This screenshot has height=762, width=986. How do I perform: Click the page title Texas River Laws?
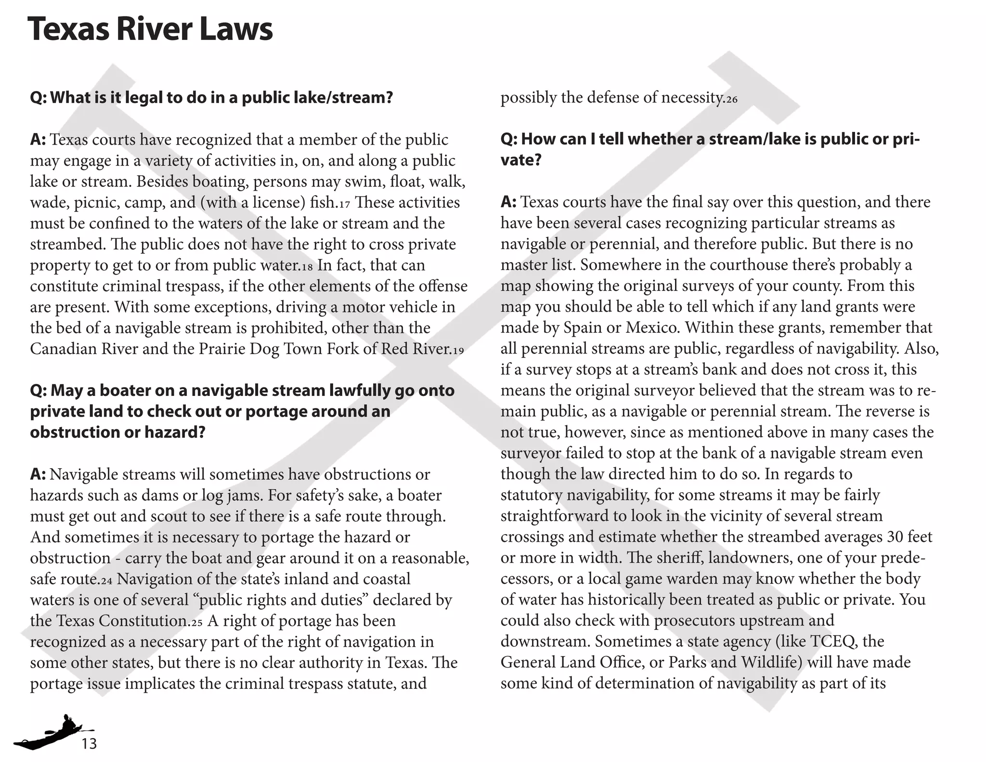click(150, 29)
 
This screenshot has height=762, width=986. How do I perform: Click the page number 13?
click(89, 744)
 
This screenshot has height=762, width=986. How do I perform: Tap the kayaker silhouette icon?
click(53, 733)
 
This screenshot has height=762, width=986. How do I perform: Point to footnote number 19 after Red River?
click(458, 351)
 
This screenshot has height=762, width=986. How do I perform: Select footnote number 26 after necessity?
click(731, 100)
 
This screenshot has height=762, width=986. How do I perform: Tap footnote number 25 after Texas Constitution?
click(196, 623)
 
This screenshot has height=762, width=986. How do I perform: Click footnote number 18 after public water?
click(306, 267)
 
